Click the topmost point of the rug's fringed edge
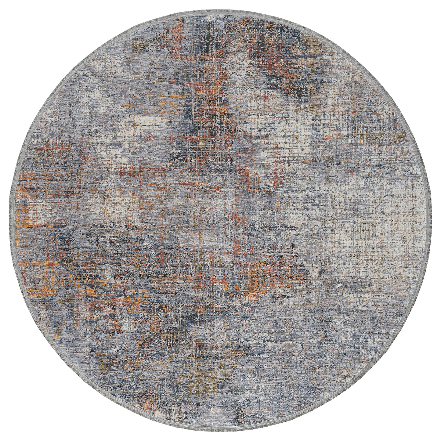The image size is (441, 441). tap(220, 10)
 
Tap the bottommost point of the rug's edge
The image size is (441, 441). tap(220, 431)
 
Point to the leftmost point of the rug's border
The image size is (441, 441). tap(10, 220)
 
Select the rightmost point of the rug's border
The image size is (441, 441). tap(431, 220)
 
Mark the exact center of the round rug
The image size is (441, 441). tap(220, 220)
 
